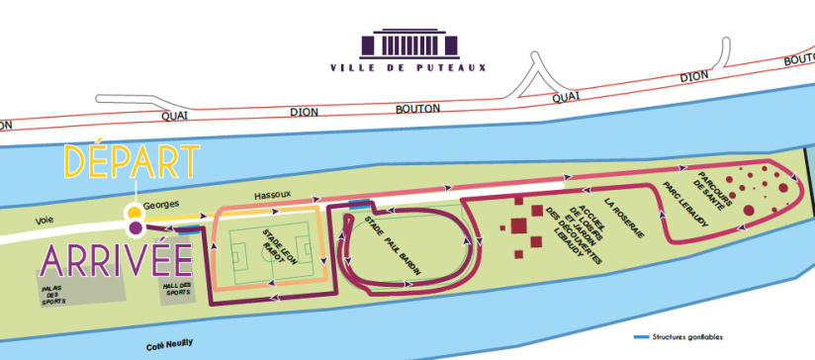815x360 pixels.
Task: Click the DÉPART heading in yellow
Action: point(133,162)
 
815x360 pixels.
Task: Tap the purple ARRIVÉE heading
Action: point(102,261)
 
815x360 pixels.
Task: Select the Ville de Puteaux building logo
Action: point(407,44)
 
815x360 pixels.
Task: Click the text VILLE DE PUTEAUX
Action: point(407,68)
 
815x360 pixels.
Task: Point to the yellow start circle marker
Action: point(133,213)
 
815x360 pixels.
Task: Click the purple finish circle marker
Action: point(135,228)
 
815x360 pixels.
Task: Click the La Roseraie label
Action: point(622,220)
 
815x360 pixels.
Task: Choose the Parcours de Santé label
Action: point(713,190)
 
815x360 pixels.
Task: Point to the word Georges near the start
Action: point(162,204)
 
